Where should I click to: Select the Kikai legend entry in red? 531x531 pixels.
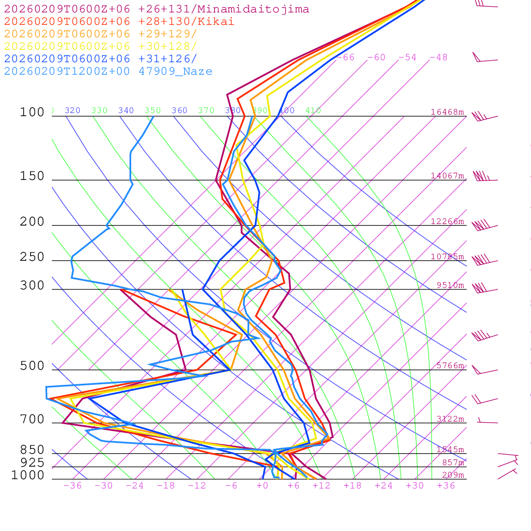[119, 22]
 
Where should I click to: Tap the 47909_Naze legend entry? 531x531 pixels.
[108, 72]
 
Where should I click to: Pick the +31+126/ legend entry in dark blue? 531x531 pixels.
[101, 59]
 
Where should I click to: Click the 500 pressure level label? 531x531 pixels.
[32, 366]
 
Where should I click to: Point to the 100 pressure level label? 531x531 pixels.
[32, 112]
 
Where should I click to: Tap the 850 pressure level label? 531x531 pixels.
[32, 450]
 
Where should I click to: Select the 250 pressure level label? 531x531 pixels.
[32, 257]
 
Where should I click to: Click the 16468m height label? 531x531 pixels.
[448, 112]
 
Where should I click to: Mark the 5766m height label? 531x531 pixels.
[450, 366]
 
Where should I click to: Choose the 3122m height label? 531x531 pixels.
[450, 419]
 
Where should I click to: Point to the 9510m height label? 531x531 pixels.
[450, 285]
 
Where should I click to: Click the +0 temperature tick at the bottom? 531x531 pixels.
[262, 486]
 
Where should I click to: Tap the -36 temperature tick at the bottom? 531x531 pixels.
[73, 486]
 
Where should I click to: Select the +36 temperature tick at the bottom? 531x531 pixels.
[446, 486]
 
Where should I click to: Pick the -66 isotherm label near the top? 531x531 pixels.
[345, 58]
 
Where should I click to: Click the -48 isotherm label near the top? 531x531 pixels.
[439, 58]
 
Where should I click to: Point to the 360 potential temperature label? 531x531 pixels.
[179, 110]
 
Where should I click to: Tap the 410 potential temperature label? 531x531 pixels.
[313, 110]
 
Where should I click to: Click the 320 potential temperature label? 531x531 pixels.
[73, 110]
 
